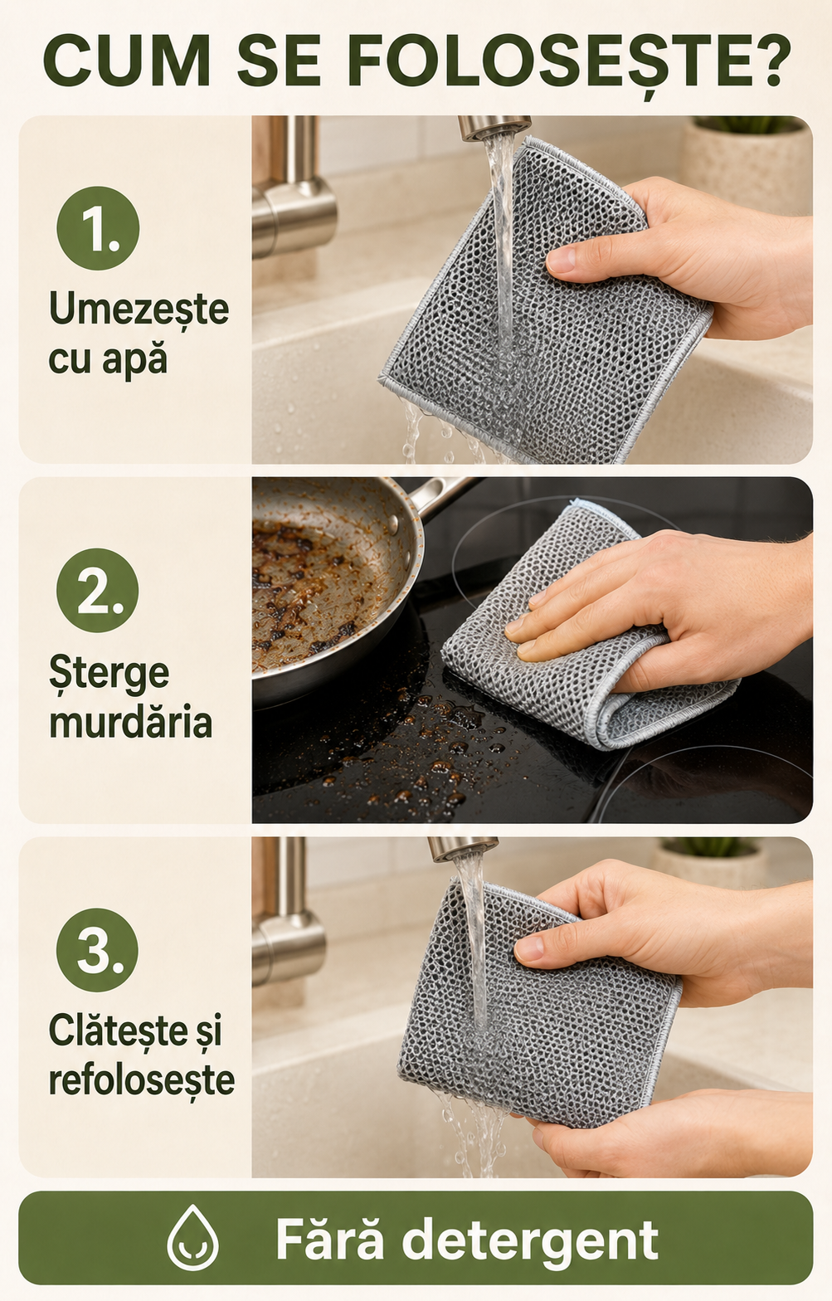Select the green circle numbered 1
(x=98, y=227)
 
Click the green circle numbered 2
(x=98, y=590)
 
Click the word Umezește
(x=139, y=310)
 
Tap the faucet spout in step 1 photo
(x=494, y=128)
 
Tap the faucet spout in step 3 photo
(x=463, y=849)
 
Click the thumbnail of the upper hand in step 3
(x=529, y=948)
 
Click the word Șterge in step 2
(x=109, y=673)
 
